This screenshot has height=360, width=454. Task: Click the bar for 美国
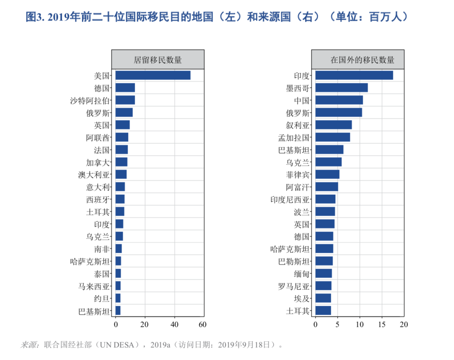click(153, 75)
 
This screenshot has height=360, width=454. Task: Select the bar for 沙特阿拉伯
click(125, 100)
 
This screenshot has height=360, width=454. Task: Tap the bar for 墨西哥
click(341, 87)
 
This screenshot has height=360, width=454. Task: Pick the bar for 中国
click(339, 100)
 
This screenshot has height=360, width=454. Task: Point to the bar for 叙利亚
click(333, 125)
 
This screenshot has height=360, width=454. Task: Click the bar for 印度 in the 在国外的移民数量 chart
click(354, 75)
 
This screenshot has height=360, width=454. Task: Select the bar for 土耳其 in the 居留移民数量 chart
click(120, 212)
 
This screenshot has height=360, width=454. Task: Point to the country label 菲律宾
click(298, 175)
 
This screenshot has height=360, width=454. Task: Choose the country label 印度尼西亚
click(290, 199)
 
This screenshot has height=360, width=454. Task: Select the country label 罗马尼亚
click(293, 286)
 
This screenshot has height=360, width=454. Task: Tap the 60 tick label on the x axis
click(203, 324)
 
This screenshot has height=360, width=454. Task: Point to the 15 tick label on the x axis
click(382, 324)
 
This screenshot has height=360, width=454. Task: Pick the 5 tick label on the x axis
click(337, 324)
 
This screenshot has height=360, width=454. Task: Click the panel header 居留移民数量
click(158, 60)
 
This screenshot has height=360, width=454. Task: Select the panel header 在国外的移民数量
click(358, 60)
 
